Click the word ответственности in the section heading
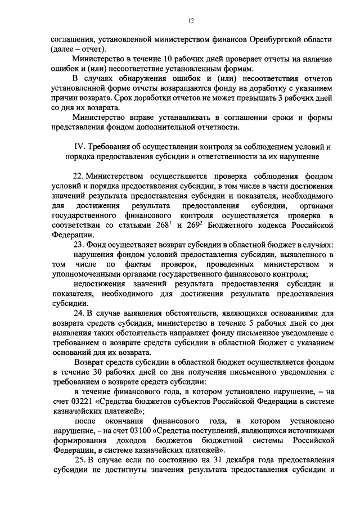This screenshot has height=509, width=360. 251,157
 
